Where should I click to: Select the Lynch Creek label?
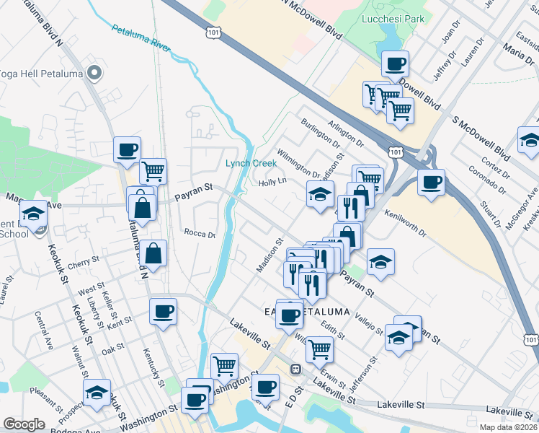pyautogui.click(x=251, y=163)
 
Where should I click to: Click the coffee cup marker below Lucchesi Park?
pyautogui.click(x=395, y=64)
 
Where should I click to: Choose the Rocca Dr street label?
pyautogui.click(x=200, y=234)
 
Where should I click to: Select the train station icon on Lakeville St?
pyautogui.click(x=295, y=369)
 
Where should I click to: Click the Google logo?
pyautogui.click(x=24, y=424)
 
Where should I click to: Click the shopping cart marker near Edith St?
pyautogui.click(x=319, y=349)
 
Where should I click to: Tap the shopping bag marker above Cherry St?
pyautogui.click(x=154, y=253)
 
